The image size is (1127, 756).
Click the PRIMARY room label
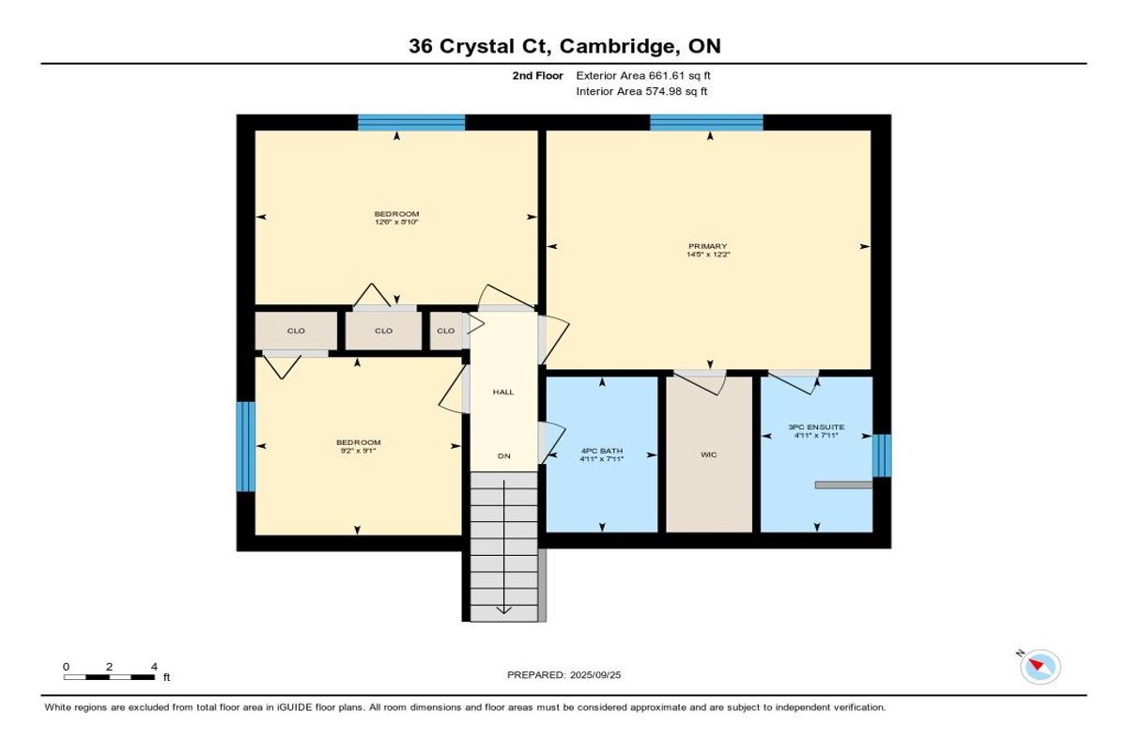[x=707, y=246]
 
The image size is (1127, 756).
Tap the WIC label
[x=708, y=455]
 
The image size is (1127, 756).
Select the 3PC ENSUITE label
[x=816, y=427]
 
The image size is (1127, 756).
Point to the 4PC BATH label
[x=602, y=451]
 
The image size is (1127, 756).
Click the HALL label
[x=503, y=392]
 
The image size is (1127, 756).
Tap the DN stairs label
[x=503, y=455]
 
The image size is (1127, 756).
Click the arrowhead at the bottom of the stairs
[x=503, y=610]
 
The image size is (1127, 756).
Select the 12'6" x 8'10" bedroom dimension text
[x=396, y=222]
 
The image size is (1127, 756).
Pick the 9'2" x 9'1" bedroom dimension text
[x=358, y=451]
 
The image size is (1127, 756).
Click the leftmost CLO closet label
[x=296, y=331]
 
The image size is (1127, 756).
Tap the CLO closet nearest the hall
[x=446, y=331]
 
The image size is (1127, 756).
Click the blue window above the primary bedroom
[x=706, y=123]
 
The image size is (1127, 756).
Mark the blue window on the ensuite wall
[x=882, y=455]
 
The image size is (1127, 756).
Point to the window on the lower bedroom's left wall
[x=246, y=446]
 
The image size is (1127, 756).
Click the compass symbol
[x=1041, y=667]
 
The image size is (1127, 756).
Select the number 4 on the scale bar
[x=154, y=667]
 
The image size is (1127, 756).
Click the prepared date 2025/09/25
[x=595, y=675]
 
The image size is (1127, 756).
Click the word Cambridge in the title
[x=617, y=46]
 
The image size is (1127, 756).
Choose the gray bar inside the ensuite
[x=843, y=485]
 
